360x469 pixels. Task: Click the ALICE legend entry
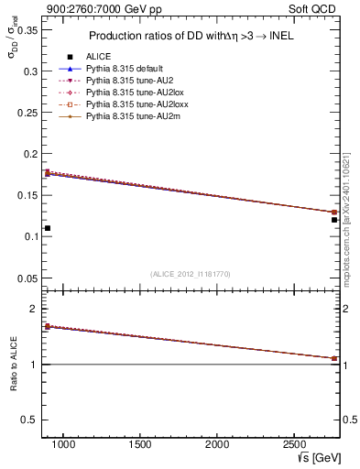pos(97,56)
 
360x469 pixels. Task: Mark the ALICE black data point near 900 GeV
pos(47,228)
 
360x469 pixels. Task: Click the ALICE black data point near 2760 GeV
pos(334,220)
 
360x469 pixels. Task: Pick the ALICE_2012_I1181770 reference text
pos(191,273)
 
